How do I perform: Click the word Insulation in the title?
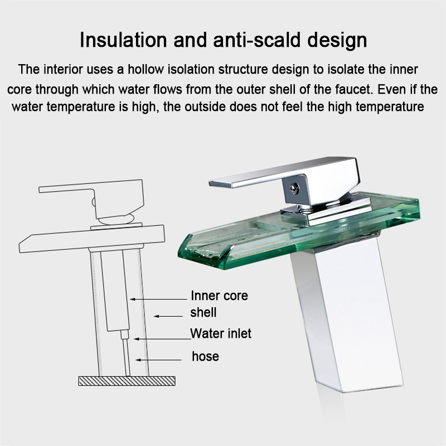123,40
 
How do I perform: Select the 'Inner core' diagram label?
219,296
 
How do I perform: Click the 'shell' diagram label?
203,312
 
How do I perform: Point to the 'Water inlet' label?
221,333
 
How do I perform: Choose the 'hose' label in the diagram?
205,356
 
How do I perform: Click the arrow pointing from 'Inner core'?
158,299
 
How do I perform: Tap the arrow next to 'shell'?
168,316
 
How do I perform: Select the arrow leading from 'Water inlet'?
162,339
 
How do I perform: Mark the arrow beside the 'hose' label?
158,360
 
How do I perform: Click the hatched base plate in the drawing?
127,381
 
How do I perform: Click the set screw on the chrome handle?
295,188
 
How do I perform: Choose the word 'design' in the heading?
337,40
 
